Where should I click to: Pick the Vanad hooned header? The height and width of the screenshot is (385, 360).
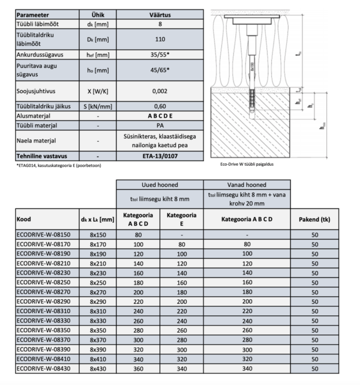tap(247, 186)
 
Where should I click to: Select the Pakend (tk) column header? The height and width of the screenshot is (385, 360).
tap(314, 219)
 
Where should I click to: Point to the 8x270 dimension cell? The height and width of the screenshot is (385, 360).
tap(98, 291)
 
